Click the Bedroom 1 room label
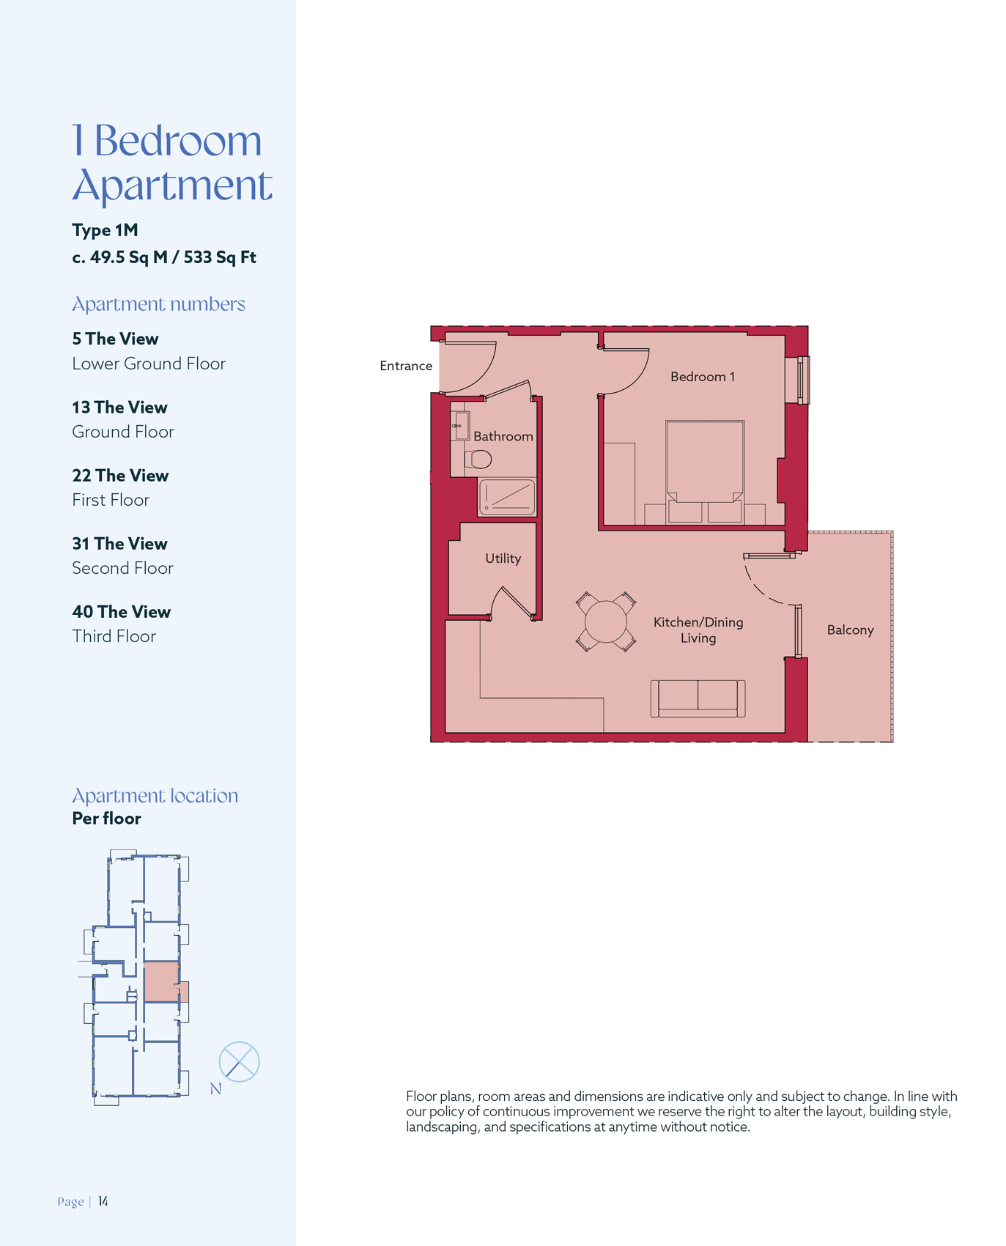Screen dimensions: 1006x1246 pos(702,377)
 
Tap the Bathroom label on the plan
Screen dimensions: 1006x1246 pos(503,436)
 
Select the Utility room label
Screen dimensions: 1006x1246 pos(503,559)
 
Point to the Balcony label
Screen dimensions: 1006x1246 pos(850,630)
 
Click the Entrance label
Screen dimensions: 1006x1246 pos(406,366)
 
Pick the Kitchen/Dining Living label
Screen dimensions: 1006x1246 pos(698,630)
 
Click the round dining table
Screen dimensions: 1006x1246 pos(606,622)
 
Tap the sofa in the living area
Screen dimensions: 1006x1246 pos(698,698)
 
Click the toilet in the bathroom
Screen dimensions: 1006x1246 pos(478,460)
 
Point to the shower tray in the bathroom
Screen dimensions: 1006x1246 pos(506,497)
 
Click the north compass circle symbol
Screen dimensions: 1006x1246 pos(239,1061)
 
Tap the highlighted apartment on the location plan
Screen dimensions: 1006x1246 pos(162,982)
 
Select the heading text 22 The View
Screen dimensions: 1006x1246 pos(120,476)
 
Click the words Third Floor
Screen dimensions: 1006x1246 pos(114,636)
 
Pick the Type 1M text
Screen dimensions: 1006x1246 pos(105,230)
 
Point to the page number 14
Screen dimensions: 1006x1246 pos(103,1201)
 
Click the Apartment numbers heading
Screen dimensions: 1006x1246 pos(158,304)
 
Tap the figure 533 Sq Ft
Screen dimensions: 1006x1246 pos(220,257)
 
